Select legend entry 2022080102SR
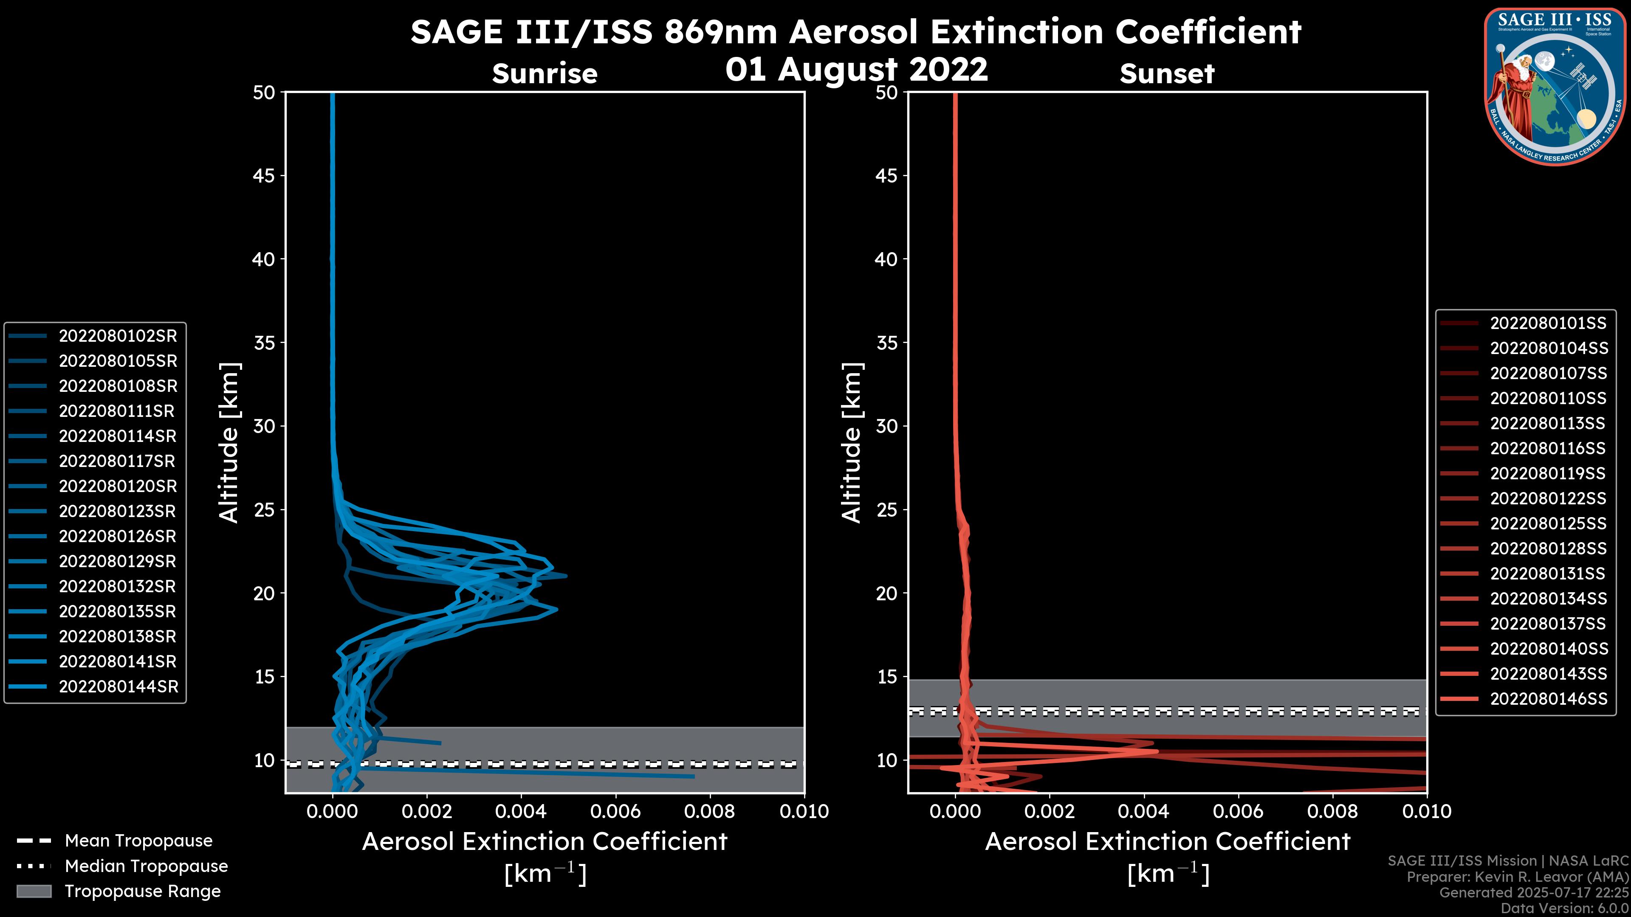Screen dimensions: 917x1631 point(118,336)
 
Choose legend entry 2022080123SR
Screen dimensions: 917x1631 point(118,511)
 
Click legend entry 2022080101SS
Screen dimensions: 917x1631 point(1548,323)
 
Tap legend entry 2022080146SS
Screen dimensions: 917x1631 point(1548,699)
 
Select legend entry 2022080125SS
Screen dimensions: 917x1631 point(1548,523)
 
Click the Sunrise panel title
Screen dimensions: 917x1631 point(545,74)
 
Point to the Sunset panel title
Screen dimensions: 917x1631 point(1167,74)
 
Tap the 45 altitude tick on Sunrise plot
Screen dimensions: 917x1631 point(264,176)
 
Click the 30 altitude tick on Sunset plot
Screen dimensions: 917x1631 point(887,426)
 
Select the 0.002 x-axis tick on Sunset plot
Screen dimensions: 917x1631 point(1049,811)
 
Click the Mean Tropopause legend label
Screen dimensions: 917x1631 point(138,841)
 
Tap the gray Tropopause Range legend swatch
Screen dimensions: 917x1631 point(34,891)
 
